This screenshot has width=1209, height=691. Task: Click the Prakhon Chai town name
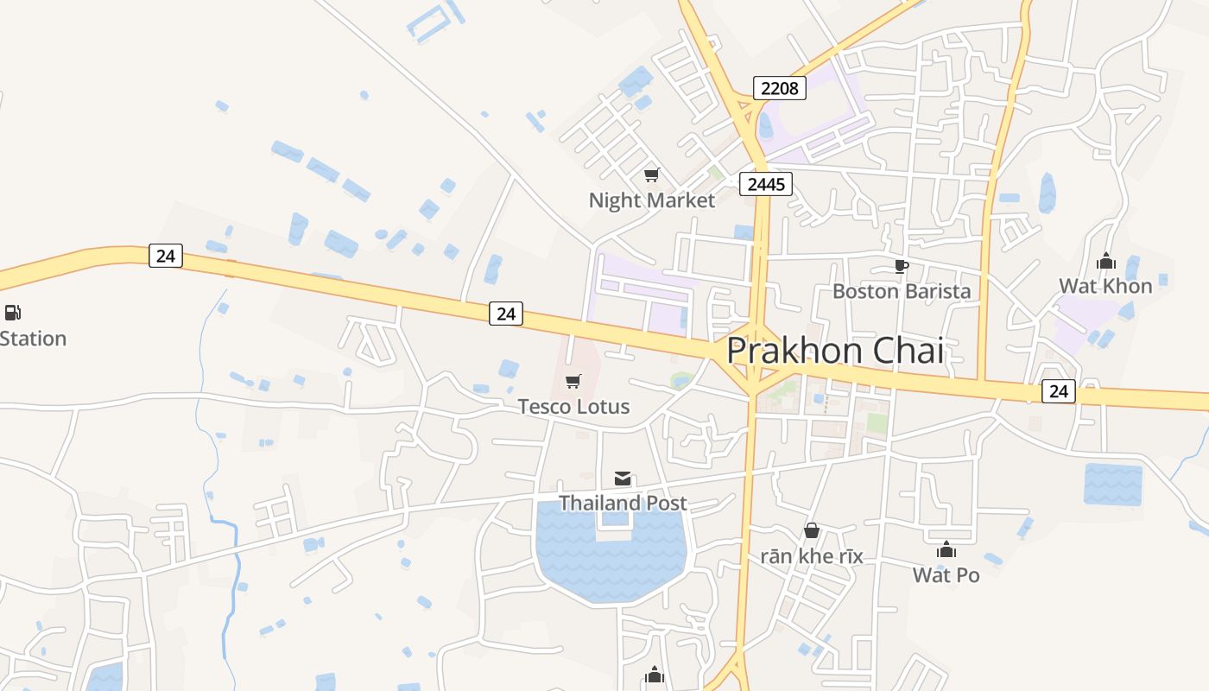pyautogui.click(x=834, y=351)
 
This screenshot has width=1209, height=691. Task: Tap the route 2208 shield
pyautogui.click(x=780, y=87)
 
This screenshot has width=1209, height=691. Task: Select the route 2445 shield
pyautogui.click(x=766, y=183)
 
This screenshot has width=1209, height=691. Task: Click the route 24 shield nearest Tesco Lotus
pyautogui.click(x=506, y=314)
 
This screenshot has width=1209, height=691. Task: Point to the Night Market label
pyautogui.click(x=652, y=200)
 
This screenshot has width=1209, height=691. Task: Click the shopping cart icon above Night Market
pyautogui.click(x=652, y=175)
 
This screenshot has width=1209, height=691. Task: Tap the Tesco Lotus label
pyautogui.click(x=573, y=406)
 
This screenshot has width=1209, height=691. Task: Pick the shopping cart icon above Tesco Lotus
pyautogui.click(x=573, y=381)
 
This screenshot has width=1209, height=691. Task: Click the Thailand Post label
pyautogui.click(x=623, y=503)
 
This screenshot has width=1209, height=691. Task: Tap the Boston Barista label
pyautogui.click(x=901, y=291)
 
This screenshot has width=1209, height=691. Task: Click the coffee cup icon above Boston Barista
pyautogui.click(x=901, y=266)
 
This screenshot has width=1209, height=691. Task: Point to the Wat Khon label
pyautogui.click(x=1105, y=286)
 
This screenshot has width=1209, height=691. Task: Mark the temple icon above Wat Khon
pyautogui.click(x=1106, y=261)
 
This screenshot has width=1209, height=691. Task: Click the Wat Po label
pyautogui.click(x=946, y=574)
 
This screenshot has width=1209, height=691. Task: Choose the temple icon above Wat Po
pyautogui.click(x=946, y=549)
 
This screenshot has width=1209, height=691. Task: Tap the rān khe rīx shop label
pyautogui.click(x=812, y=555)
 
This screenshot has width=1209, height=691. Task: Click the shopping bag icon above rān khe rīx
pyautogui.click(x=812, y=530)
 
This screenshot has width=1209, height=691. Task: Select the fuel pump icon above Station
pyautogui.click(x=12, y=313)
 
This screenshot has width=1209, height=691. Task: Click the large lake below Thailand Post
pyautogui.click(x=611, y=561)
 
